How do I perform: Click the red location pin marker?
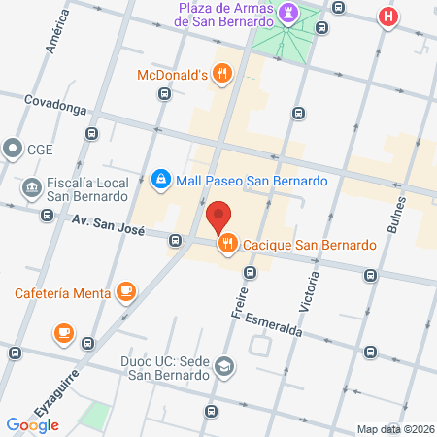[218, 216]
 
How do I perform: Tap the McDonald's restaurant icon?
[223, 72]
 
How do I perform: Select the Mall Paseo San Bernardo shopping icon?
[160, 179]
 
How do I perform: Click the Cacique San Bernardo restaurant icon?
[229, 245]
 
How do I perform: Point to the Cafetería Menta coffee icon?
[125, 290]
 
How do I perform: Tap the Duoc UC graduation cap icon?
[224, 366]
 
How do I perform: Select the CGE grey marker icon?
[13, 149]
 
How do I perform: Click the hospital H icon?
[389, 17]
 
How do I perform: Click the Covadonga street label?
[55, 100]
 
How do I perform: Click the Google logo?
[33, 424]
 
